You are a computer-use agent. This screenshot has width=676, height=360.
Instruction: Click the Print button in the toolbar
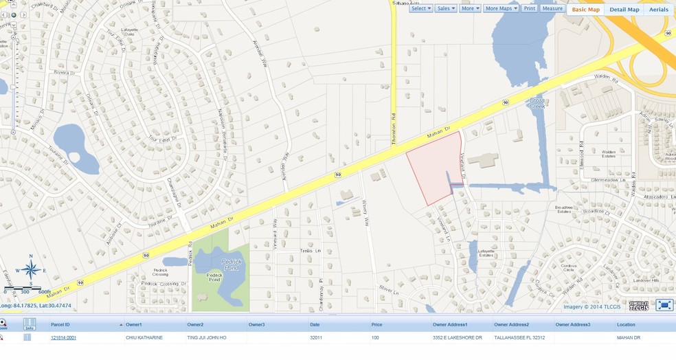coord(529,8)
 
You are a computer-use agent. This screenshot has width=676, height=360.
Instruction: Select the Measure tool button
coord(552,8)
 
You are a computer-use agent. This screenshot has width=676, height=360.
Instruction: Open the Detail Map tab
coord(624,10)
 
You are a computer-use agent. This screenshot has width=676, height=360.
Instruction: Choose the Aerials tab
coord(658,10)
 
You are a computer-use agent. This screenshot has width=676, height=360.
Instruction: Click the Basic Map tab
coord(585,10)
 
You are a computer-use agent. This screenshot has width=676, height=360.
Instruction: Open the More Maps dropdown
coord(501,8)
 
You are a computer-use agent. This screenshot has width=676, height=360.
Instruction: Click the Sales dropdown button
coord(446,8)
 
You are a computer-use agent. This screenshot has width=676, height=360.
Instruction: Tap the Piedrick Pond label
coord(230,265)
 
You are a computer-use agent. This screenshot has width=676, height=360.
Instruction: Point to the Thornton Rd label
coord(394,128)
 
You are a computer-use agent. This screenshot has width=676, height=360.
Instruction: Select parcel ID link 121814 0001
coord(63,338)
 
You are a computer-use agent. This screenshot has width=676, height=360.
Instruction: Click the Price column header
coord(376,324)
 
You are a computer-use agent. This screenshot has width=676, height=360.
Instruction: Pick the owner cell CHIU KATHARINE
coord(144,338)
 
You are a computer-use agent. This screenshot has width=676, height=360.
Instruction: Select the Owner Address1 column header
coord(450,324)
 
